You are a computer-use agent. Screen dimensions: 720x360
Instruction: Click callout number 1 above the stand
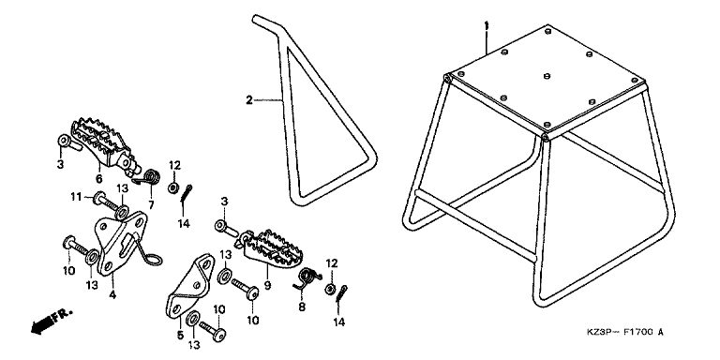click(487, 25)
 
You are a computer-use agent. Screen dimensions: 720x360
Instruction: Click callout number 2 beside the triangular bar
click(248, 99)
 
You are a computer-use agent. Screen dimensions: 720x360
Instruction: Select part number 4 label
click(112, 295)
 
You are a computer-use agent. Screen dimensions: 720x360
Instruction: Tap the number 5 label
click(180, 336)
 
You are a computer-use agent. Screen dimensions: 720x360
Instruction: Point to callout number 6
click(98, 178)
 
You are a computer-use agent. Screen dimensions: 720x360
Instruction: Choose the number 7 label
click(151, 204)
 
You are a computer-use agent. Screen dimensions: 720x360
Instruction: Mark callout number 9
click(268, 286)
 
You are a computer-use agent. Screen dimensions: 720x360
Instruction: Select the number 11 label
click(76, 198)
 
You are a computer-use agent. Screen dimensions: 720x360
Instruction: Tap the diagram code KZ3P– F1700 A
click(625, 332)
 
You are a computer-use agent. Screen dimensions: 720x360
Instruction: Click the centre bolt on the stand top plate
click(547, 76)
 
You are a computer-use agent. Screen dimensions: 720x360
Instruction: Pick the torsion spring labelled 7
click(148, 178)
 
